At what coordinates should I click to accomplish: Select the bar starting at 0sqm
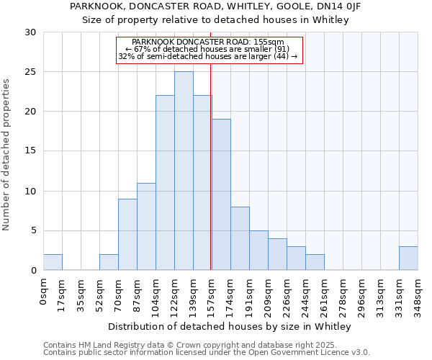(53, 262)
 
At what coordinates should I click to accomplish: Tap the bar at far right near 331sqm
(408, 258)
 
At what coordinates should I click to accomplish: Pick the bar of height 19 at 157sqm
(221, 194)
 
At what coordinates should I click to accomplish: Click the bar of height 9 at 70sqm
(127, 234)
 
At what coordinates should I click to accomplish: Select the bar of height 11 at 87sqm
(146, 226)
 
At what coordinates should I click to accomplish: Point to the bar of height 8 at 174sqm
(240, 238)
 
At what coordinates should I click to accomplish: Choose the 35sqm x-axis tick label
(81, 292)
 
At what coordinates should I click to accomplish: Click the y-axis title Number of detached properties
(6, 155)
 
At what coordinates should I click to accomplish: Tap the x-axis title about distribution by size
(230, 326)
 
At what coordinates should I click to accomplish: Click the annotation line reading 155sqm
(209, 42)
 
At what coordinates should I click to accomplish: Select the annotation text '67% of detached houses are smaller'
(209, 49)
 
